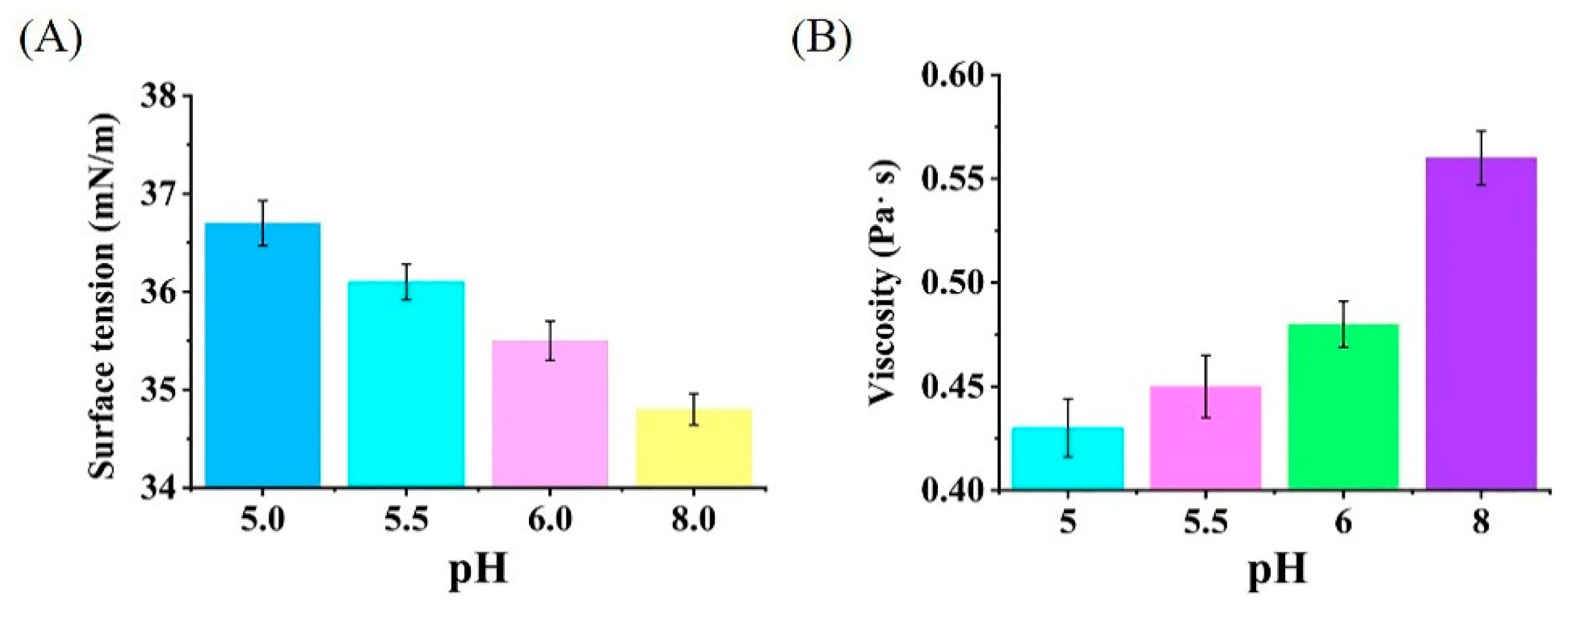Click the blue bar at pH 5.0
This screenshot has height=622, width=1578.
(262, 355)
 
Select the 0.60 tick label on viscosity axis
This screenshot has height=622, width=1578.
(952, 75)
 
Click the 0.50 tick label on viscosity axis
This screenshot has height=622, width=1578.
(952, 283)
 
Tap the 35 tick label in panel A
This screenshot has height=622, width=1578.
(158, 390)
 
